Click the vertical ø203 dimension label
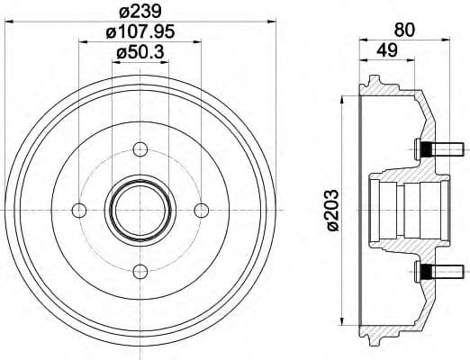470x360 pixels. click(x=332, y=210)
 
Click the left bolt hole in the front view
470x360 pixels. click(x=78, y=210)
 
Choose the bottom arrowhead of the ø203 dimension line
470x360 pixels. click(x=343, y=319)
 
